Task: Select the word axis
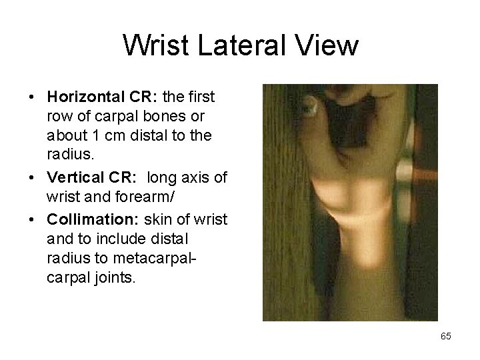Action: point(199,178)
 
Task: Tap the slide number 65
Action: point(446,337)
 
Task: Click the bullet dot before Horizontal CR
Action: point(32,98)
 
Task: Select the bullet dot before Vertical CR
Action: point(32,179)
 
